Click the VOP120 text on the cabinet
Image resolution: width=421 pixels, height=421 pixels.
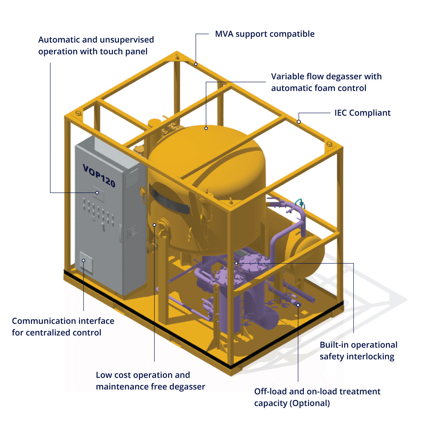pos(99,175)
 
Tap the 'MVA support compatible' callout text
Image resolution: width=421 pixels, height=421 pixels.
pos(265,34)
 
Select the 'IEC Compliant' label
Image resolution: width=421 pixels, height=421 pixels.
pos(362,113)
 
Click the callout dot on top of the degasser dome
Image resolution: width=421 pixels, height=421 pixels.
pos(206,128)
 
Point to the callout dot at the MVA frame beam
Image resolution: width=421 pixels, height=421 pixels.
pos(196,64)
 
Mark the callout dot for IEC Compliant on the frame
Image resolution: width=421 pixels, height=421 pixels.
pos(299,122)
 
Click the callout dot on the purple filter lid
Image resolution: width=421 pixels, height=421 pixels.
pos(236,263)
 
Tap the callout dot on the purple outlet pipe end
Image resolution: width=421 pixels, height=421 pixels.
pos(298,305)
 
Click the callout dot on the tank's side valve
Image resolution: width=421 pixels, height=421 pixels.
pos(154,225)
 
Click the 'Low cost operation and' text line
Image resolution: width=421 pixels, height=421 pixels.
pos(143,375)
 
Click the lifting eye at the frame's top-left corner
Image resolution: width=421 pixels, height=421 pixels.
pos(78,113)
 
